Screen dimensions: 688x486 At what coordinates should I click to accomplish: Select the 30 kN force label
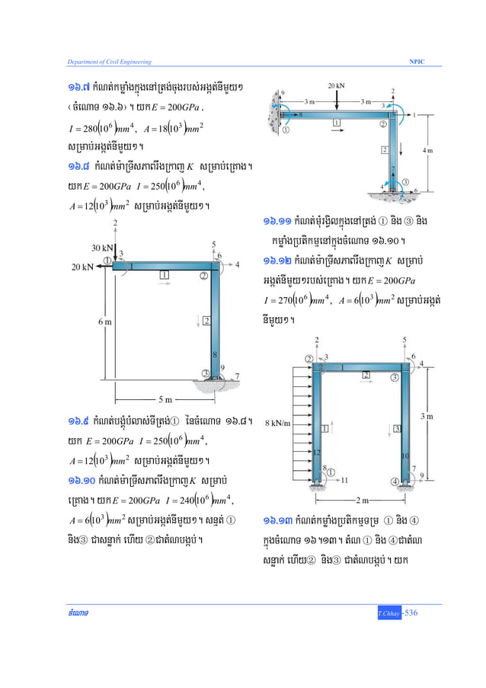click(101, 247)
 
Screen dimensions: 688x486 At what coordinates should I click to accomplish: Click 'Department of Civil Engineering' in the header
click(103, 60)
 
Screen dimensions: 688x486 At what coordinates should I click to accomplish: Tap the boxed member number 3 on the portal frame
click(398, 429)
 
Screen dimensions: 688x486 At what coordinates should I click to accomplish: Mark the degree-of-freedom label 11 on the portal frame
click(344, 480)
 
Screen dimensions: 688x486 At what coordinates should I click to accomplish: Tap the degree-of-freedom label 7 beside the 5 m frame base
click(237, 375)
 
